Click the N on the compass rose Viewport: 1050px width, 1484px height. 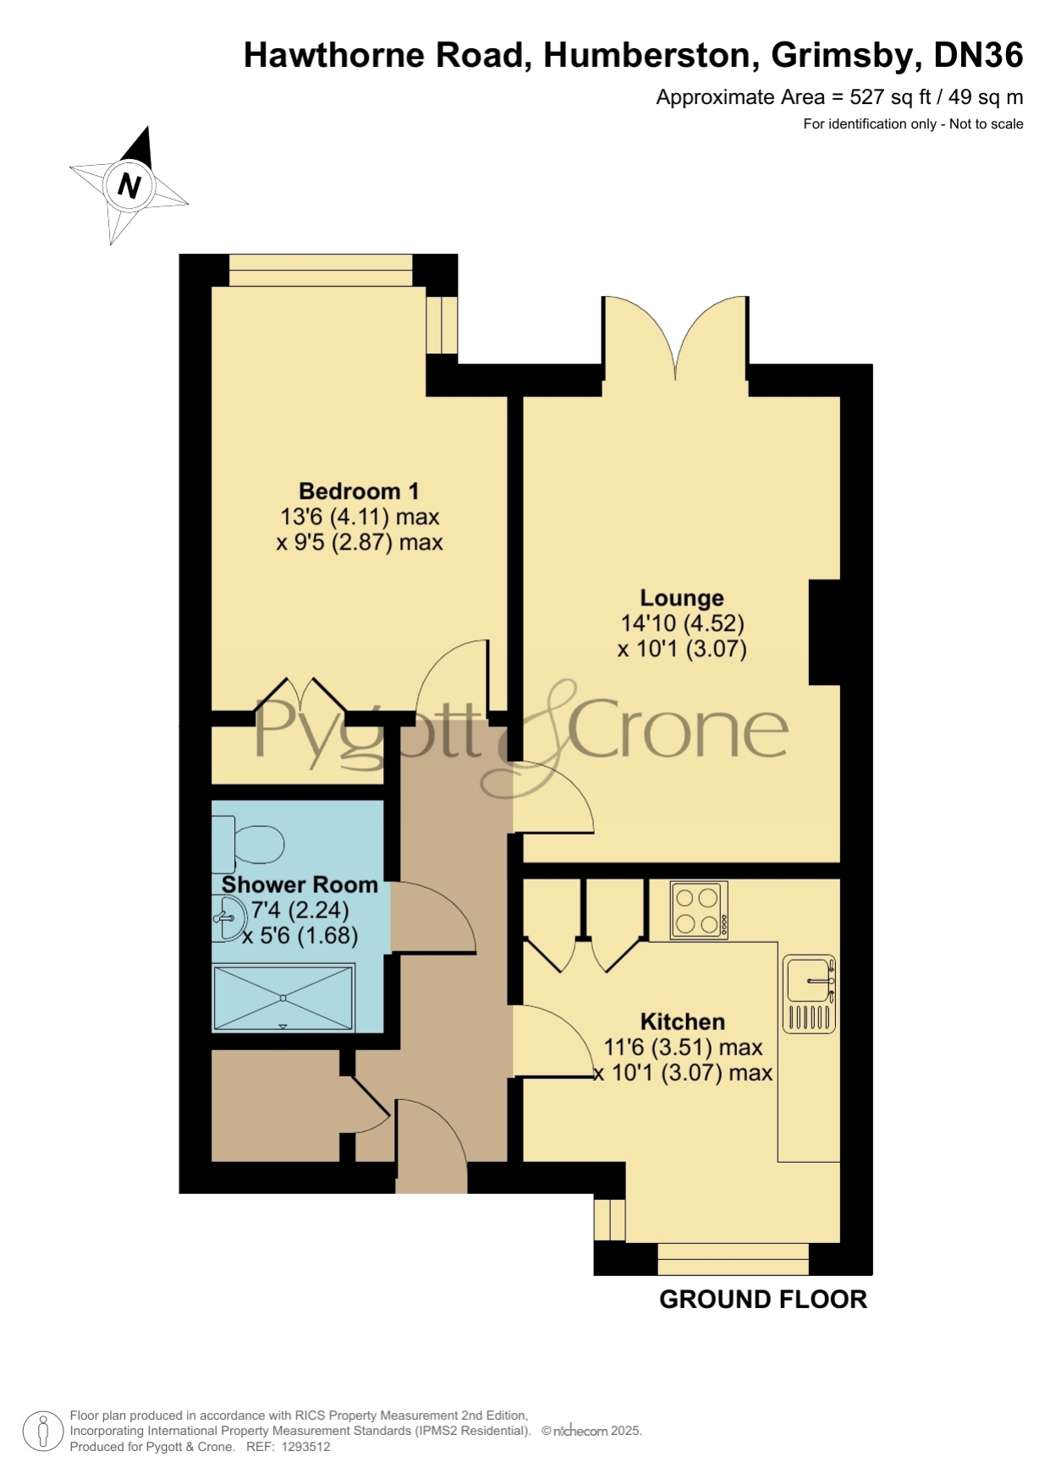(x=129, y=184)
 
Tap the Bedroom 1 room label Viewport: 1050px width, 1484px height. (x=359, y=491)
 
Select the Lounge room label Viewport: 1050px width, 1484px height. (x=682, y=598)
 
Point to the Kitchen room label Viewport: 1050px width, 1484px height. (x=683, y=1021)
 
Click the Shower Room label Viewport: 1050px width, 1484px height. (x=300, y=884)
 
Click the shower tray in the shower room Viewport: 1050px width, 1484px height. (x=283, y=999)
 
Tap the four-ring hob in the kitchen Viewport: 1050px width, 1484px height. (x=699, y=911)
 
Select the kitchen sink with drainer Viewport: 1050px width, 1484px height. (x=810, y=994)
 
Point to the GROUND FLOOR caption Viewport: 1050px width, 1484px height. (x=763, y=1300)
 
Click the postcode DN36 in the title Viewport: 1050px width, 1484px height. (x=978, y=56)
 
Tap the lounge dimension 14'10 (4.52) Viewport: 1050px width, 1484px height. (x=683, y=624)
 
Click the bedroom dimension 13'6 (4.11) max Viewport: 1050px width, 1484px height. (x=360, y=517)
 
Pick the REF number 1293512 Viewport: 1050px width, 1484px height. (x=303, y=1447)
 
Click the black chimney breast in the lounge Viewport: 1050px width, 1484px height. (x=825, y=632)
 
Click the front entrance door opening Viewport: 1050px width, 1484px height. (x=432, y=1177)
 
